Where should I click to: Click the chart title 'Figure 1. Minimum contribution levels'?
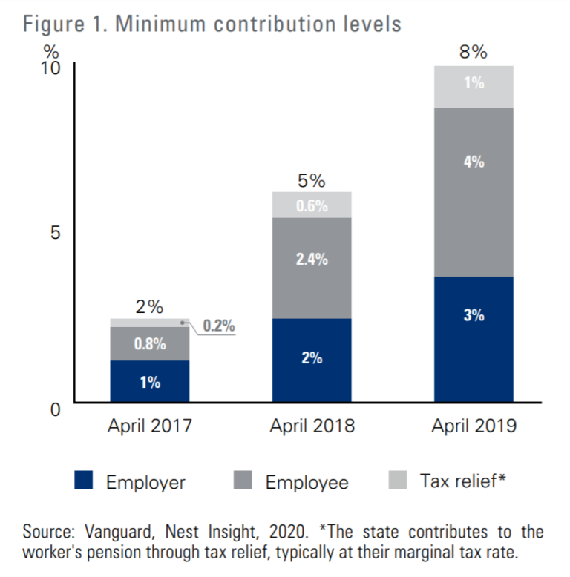pyautogui.click(x=212, y=23)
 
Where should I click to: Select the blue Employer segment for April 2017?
pyautogui.click(x=149, y=381)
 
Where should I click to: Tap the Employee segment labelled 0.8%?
pyautogui.click(x=149, y=344)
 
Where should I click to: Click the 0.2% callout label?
pyautogui.click(x=218, y=326)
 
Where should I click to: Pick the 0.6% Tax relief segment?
pyautogui.click(x=311, y=205)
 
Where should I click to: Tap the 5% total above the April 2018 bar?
pyautogui.click(x=311, y=180)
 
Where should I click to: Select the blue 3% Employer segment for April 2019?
pyautogui.click(x=474, y=339)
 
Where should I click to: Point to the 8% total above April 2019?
pyautogui.click(x=474, y=52)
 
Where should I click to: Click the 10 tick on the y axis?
pyautogui.click(x=50, y=68)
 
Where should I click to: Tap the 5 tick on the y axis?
pyautogui.click(x=54, y=233)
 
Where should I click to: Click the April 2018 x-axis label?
pyautogui.click(x=311, y=426)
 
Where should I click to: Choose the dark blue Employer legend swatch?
pyautogui.click(x=84, y=481)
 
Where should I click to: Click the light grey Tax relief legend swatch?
pyautogui.click(x=398, y=481)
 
